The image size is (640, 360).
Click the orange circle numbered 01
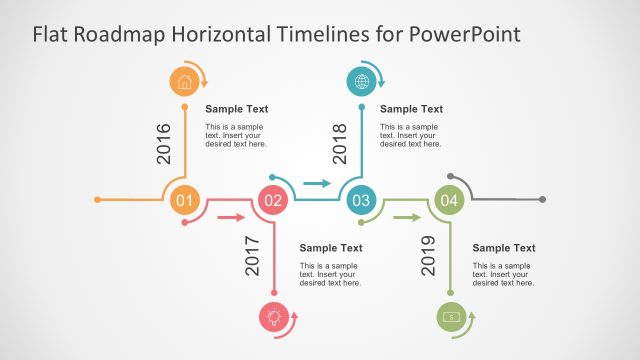[x=184, y=200]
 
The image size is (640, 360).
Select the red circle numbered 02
[x=272, y=200]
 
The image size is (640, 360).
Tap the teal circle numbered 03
[x=360, y=200]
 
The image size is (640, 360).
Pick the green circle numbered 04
[x=449, y=200]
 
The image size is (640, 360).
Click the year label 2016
[x=165, y=143]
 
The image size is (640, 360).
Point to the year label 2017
[x=252, y=256]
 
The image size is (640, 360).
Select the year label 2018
[x=340, y=143]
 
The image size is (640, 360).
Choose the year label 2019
[x=429, y=256]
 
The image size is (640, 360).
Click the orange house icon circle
[x=184, y=81]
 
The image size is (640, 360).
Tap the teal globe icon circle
[x=360, y=81]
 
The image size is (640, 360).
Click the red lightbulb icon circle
[x=272, y=317]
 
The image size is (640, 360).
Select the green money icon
[x=450, y=317]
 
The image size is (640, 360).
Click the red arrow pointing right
[x=231, y=216]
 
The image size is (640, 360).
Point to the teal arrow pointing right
[x=317, y=184]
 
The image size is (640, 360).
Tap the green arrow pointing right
[x=405, y=216]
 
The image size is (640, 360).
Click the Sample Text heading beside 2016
[x=237, y=109]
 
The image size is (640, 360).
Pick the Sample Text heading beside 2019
[x=504, y=248]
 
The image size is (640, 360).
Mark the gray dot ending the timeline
[x=543, y=200]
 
